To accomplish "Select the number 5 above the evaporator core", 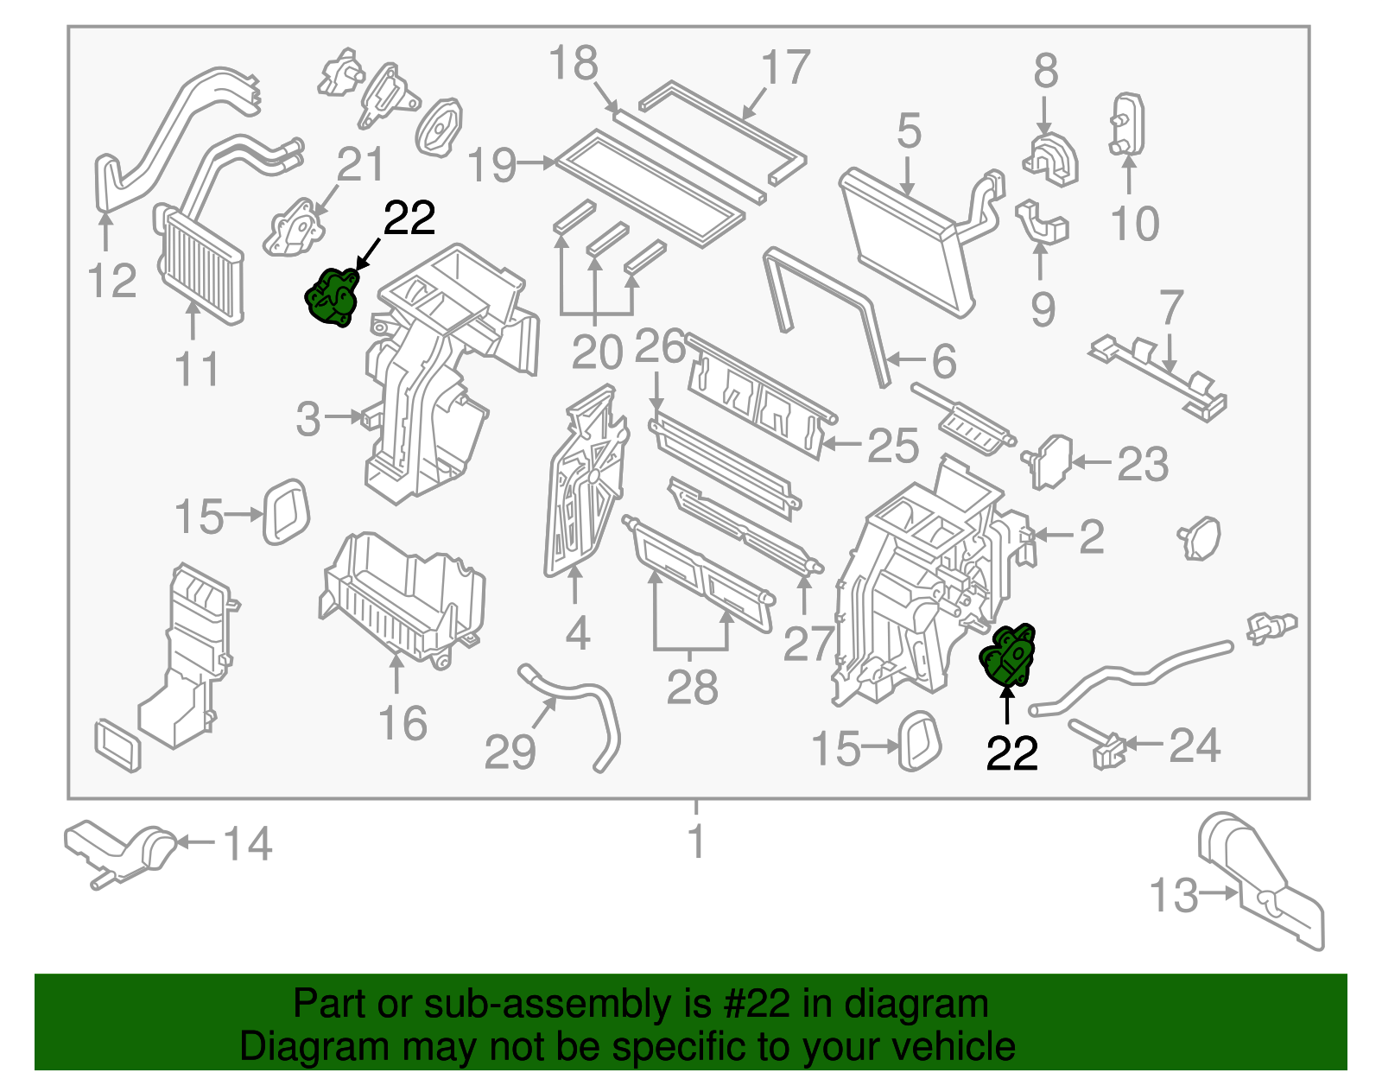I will click(909, 131).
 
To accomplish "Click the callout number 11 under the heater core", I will click(197, 369).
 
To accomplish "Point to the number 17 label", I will click(785, 68).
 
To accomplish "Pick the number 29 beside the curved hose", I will click(510, 752).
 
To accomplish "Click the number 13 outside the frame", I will click(1174, 896).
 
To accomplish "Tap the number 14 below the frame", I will click(249, 844).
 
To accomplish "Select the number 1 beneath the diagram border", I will click(696, 841).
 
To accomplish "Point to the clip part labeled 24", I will click(1101, 745).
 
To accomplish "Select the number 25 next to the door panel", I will click(892, 446).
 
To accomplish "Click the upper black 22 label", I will click(409, 219).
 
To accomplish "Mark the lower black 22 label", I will click(1011, 754).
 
